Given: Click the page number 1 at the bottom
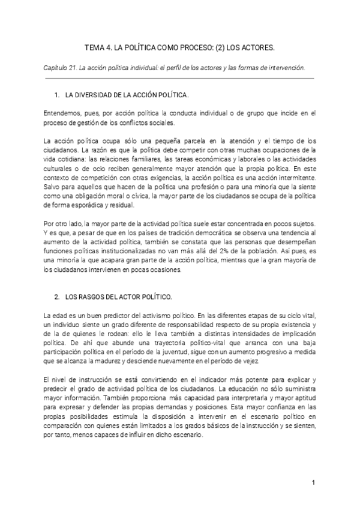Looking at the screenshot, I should tap(313, 482).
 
